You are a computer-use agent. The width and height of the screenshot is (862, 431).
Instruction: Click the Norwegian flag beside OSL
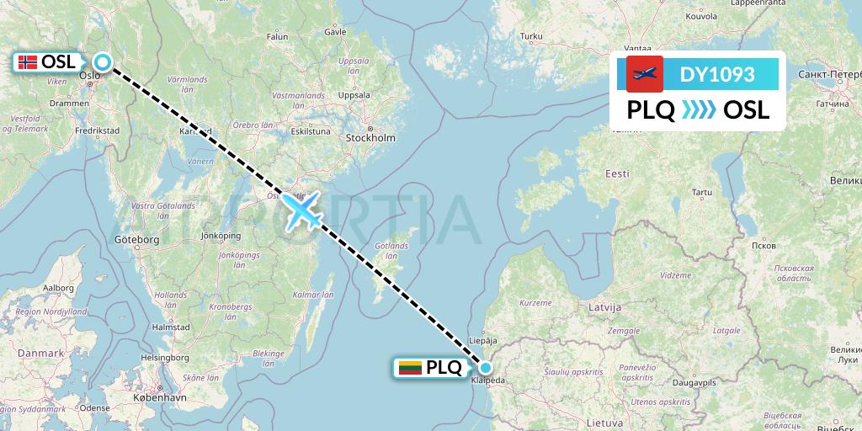tap(28, 61)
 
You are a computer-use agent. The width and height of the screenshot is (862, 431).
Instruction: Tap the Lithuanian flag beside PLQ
tap(410, 367)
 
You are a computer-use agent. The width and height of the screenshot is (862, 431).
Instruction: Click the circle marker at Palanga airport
tap(486, 367)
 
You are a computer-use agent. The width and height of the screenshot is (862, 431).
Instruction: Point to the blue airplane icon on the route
tap(302, 210)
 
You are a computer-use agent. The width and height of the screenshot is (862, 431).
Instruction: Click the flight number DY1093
tap(717, 74)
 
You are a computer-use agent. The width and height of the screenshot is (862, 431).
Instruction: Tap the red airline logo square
tap(645, 74)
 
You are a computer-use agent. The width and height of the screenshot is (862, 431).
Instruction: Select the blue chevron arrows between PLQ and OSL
tap(699, 110)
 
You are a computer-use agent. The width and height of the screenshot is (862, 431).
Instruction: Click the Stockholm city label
tap(370, 137)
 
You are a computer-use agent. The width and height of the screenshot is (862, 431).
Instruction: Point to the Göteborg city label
tap(136, 240)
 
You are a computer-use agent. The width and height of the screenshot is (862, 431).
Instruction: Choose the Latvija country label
tap(604, 308)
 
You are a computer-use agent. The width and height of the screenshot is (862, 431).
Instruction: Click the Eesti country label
tap(617, 173)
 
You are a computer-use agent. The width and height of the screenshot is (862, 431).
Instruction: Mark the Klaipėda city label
tap(490, 380)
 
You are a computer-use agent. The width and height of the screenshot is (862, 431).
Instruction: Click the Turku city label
tap(531, 36)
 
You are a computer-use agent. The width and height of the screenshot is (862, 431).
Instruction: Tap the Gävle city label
tap(335, 32)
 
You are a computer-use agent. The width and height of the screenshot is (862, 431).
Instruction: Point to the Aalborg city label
tap(59, 287)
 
